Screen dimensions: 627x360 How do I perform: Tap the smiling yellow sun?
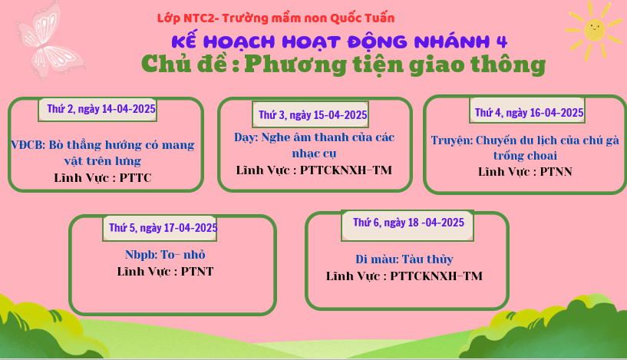(595, 30)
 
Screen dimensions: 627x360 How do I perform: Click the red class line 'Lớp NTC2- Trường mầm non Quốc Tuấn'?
(276, 18)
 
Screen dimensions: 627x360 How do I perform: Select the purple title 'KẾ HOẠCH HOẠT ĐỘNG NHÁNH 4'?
(339, 41)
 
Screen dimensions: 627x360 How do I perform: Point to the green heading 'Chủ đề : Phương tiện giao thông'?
(344, 64)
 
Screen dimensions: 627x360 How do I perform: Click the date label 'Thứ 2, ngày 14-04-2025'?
(101, 109)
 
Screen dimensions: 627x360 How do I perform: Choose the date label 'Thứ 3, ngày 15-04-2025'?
(312, 115)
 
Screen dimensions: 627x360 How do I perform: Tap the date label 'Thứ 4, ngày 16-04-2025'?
(529, 113)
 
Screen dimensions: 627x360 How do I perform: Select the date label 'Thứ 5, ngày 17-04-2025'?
(163, 228)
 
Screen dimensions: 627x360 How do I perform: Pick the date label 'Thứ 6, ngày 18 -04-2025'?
(408, 223)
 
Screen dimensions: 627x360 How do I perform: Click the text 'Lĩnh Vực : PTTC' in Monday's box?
(103, 177)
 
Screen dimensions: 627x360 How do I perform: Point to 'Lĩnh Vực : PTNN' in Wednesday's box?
(525, 172)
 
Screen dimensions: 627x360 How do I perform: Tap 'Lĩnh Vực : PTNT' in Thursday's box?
(165, 272)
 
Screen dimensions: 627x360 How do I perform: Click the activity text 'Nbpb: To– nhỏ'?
(165, 255)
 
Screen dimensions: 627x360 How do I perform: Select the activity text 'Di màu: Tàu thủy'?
(404, 259)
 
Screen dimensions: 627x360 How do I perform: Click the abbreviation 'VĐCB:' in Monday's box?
(28, 145)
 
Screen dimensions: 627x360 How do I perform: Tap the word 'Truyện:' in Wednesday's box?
(452, 140)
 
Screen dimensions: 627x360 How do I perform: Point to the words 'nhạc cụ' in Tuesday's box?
(314, 154)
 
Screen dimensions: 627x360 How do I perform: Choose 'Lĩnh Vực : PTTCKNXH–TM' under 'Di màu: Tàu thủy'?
(404, 276)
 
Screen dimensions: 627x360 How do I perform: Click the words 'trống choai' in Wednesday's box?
(525, 156)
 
